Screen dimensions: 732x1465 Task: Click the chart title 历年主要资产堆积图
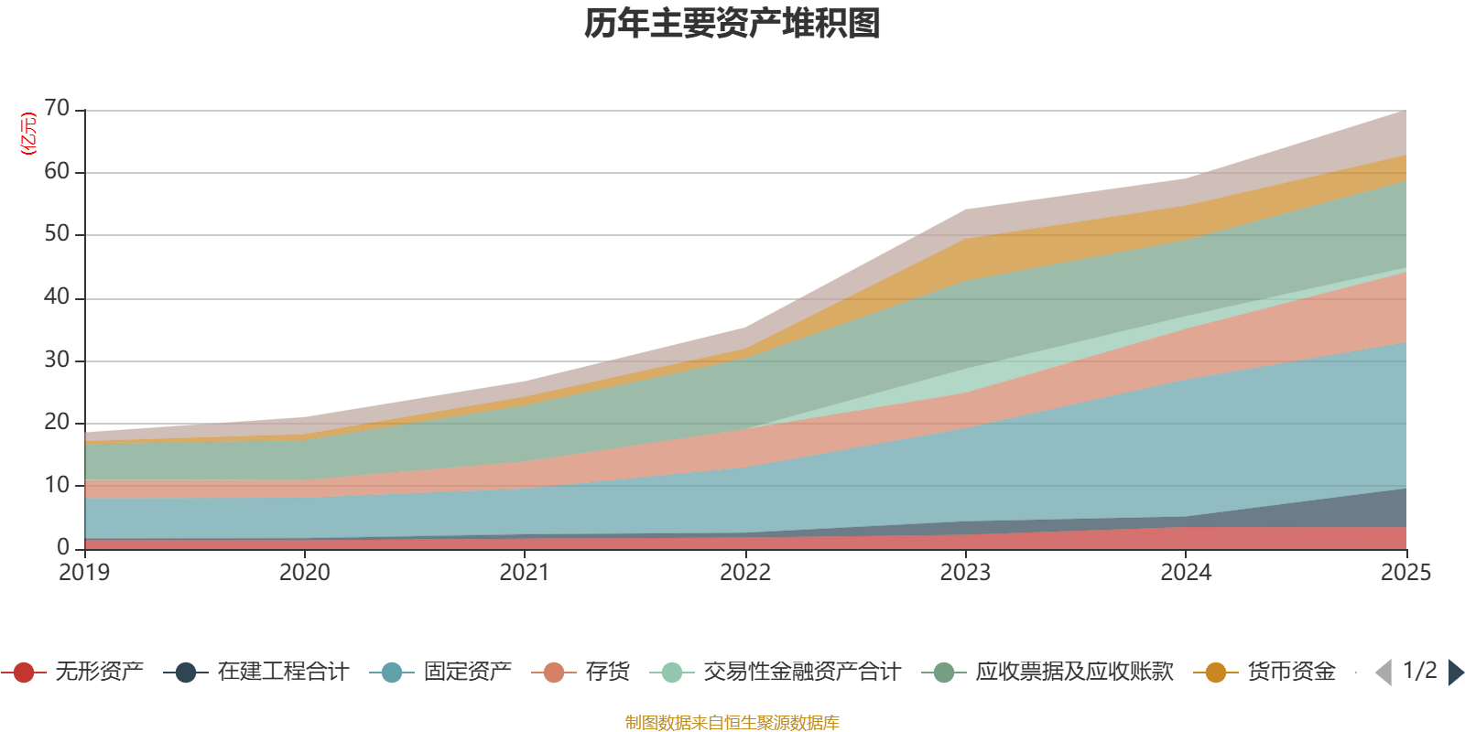click(x=732, y=24)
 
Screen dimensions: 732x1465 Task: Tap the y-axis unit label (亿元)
click(x=29, y=134)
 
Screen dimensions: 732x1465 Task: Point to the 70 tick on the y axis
click(x=57, y=109)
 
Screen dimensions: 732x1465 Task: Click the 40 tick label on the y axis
click(x=57, y=297)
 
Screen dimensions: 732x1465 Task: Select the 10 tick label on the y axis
click(x=57, y=485)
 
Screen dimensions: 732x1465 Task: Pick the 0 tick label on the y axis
click(x=63, y=547)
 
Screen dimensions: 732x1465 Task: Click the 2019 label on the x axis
click(x=84, y=573)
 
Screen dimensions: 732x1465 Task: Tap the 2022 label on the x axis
click(x=745, y=573)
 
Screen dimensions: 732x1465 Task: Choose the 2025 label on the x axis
click(x=1405, y=573)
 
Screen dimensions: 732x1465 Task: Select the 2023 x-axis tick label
click(x=965, y=573)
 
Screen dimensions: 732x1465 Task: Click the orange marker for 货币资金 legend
click(x=1216, y=673)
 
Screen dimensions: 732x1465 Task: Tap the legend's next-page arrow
click(x=1456, y=673)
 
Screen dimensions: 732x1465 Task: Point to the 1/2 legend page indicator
click(x=1419, y=671)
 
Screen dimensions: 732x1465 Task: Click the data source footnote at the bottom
click(x=732, y=723)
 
